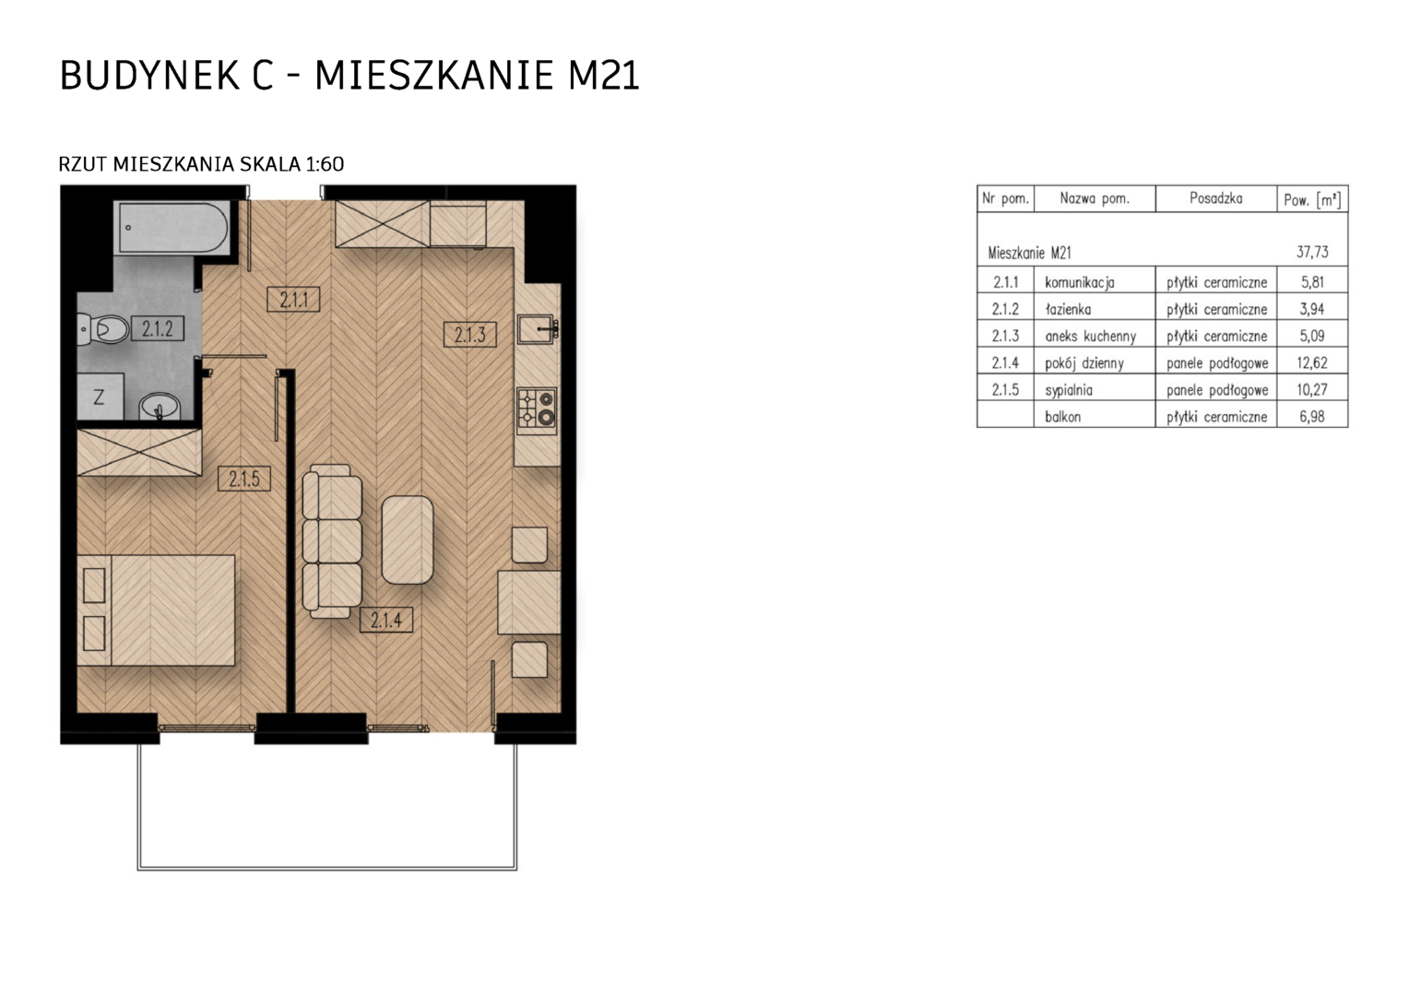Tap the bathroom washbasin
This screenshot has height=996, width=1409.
click(x=160, y=407)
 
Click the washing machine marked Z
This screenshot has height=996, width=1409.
click(x=100, y=397)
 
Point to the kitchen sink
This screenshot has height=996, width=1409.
click(x=536, y=329)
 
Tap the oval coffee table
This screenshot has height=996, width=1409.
click(x=408, y=539)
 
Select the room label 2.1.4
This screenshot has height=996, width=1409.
click(x=386, y=620)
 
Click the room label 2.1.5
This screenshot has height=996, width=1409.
click(x=244, y=479)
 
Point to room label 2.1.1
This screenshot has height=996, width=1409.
click(x=294, y=300)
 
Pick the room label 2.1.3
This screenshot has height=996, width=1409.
click(x=470, y=334)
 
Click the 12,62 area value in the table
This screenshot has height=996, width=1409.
click(x=1312, y=362)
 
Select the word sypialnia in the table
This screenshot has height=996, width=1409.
click(x=1069, y=390)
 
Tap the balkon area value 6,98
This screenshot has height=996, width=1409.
click(x=1312, y=417)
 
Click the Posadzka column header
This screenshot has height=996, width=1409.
click(x=1216, y=199)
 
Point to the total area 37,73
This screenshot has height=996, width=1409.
click(x=1312, y=253)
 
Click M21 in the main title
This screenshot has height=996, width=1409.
click(x=603, y=76)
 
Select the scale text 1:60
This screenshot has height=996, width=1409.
click(x=325, y=164)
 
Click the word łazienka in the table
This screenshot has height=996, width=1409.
click(x=1068, y=310)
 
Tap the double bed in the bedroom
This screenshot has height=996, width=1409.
click(x=156, y=611)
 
